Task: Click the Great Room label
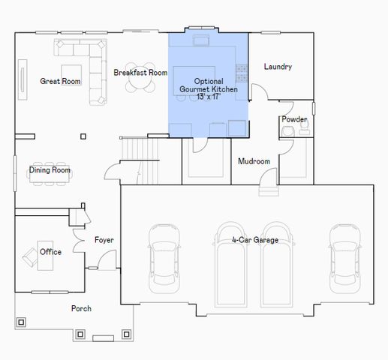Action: [x=60, y=81]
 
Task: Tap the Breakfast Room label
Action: [x=140, y=73]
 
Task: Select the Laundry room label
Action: [x=278, y=67]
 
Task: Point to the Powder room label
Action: [x=294, y=119]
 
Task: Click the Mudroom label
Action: [x=254, y=161]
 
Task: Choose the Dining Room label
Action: [x=50, y=170]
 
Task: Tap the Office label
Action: [x=50, y=252]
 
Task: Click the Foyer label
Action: [x=104, y=240]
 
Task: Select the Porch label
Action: [x=81, y=308]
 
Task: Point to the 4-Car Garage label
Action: [x=255, y=240]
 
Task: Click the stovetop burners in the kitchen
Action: [x=242, y=73]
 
